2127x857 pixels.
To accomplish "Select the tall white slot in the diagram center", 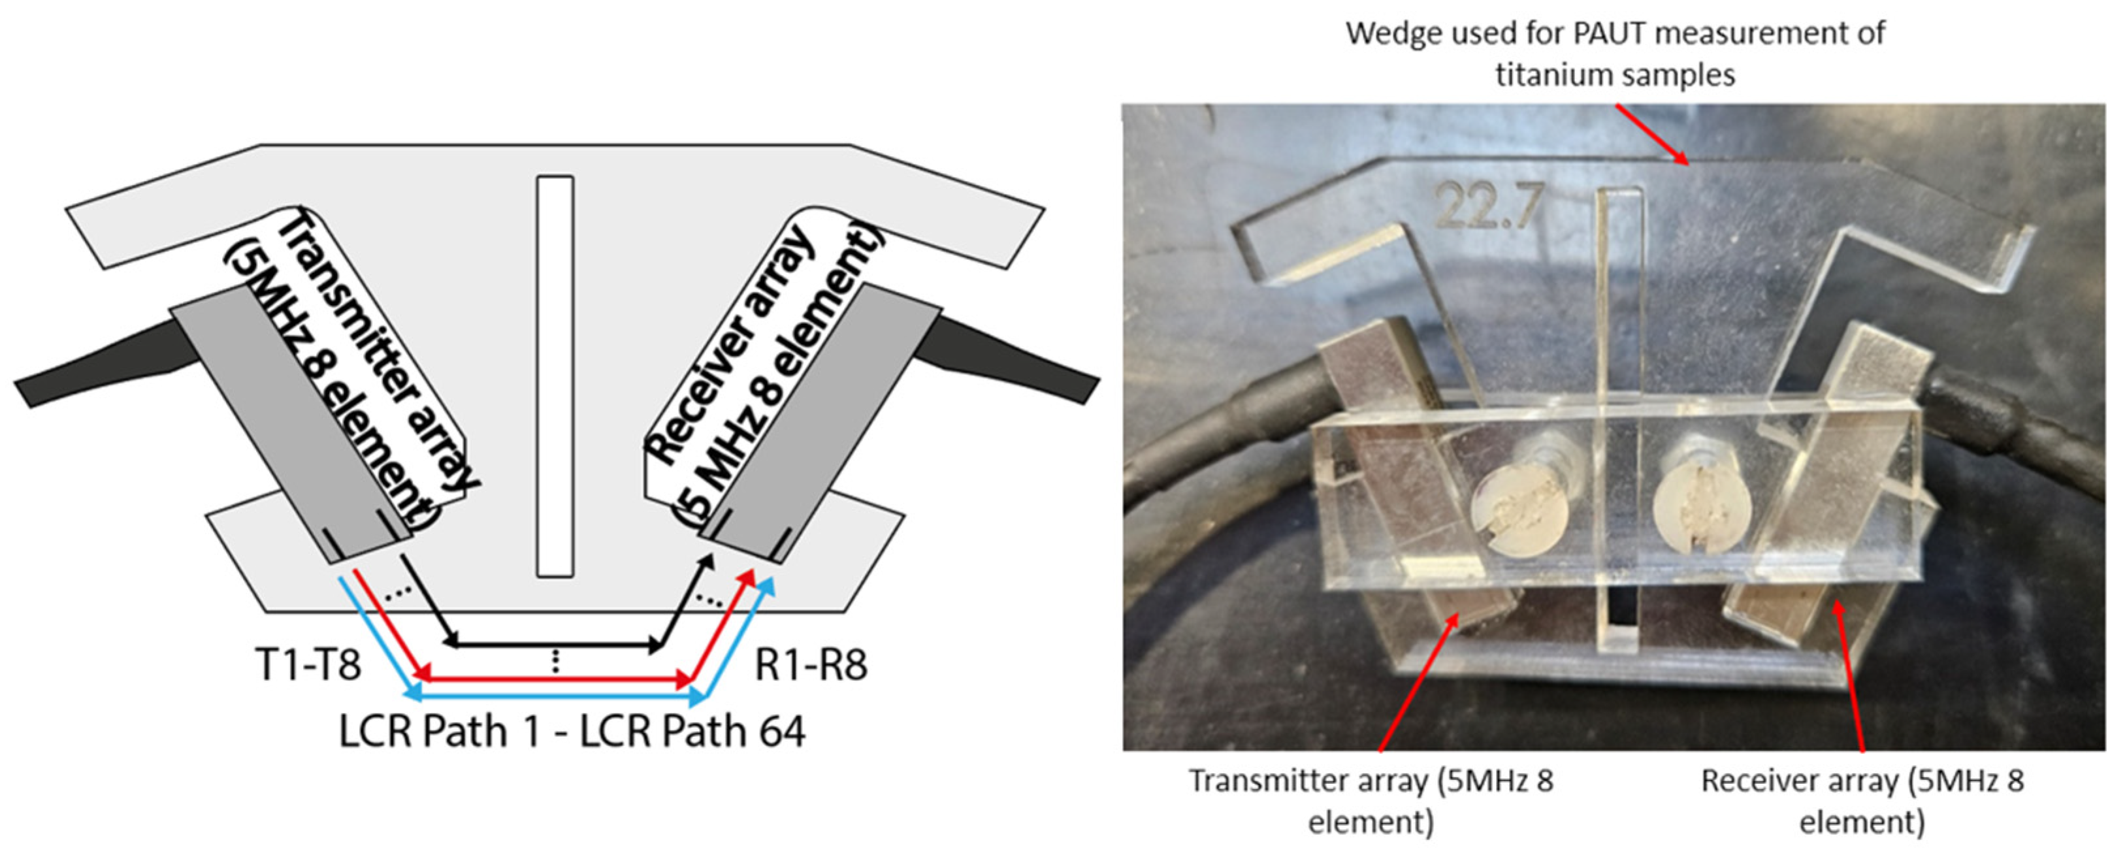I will [x=555, y=376].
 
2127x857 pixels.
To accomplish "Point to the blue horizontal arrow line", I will [x=555, y=697].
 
